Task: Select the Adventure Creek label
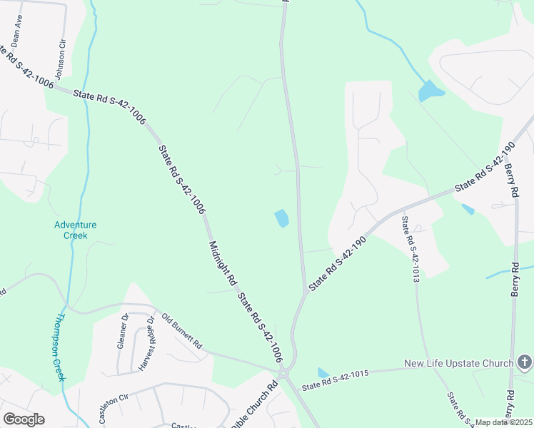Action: tap(75, 230)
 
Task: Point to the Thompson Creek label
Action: tap(56, 347)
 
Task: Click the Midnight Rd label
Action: tap(222, 263)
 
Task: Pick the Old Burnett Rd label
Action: tap(181, 331)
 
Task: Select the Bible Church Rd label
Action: tap(254, 404)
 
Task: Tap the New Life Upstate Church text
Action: tap(458, 364)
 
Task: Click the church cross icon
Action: tap(524, 363)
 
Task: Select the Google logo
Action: tap(24, 419)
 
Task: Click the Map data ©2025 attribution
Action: tap(503, 422)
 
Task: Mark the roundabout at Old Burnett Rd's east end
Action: tap(283, 373)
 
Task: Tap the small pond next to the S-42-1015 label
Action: tap(323, 373)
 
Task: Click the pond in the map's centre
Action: tap(282, 218)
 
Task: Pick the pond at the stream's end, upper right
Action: tap(430, 91)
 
